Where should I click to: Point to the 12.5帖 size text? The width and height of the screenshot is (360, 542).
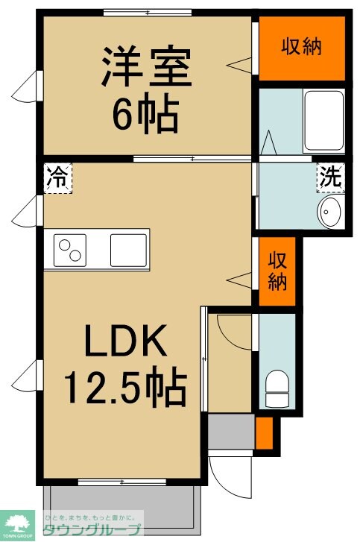(125, 387)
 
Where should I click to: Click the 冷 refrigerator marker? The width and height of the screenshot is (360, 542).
(57, 179)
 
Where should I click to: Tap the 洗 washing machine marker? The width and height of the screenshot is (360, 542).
(329, 178)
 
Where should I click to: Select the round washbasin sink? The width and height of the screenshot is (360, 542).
(329, 212)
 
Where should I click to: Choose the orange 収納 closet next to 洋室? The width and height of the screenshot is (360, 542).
(301, 48)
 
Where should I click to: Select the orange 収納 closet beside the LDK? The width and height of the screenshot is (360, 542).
(277, 271)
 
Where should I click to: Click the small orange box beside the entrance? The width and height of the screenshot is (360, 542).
(265, 433)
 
